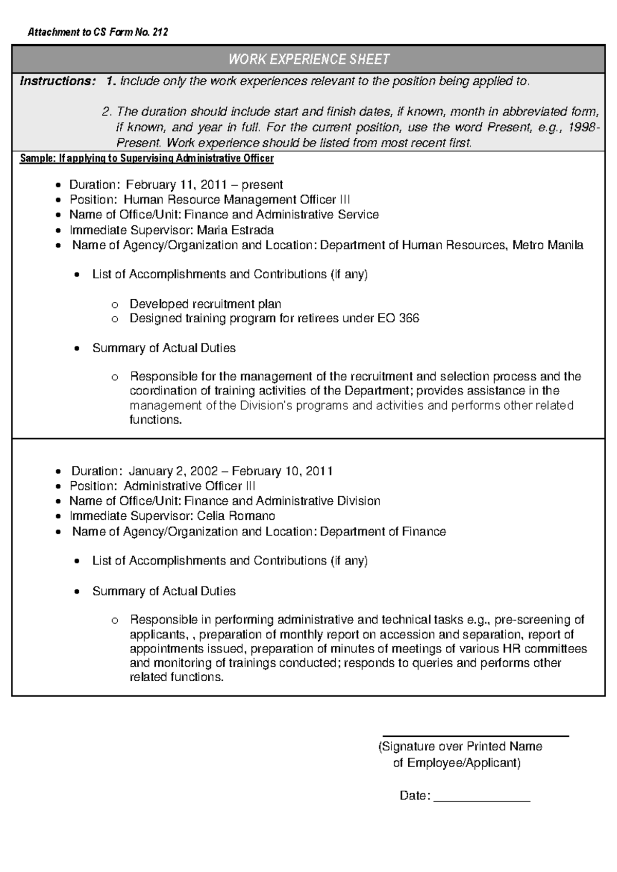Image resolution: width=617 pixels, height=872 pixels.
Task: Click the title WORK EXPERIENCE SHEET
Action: tap(308, 60)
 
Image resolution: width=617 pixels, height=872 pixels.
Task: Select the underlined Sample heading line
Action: tap(147, 158)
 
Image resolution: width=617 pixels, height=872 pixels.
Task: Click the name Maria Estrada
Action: tap(235, 230)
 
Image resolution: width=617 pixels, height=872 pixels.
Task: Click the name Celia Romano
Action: tap(236, 516)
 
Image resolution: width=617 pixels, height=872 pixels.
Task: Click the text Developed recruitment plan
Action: tap(205, 304)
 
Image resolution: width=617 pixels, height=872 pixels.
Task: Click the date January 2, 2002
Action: tap(167, 471)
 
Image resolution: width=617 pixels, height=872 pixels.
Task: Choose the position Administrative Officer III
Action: tap(190, 486)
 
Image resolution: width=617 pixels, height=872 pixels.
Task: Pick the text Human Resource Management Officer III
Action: tap(237, 199)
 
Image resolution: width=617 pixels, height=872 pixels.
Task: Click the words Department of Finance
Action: tap(383, 531)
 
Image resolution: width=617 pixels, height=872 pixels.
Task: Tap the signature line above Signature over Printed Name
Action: tap(475, 736)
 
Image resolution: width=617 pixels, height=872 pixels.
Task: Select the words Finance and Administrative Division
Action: tap(282, 501)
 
